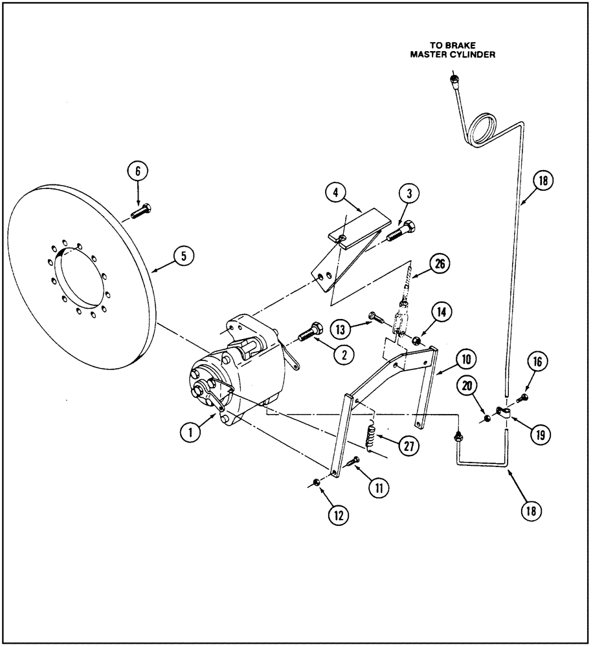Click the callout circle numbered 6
pos(137,172)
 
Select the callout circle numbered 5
pos(183,256)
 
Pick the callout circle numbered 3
pos(410,193)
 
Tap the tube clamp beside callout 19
pos(502,410)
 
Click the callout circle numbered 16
pos(539,364)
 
